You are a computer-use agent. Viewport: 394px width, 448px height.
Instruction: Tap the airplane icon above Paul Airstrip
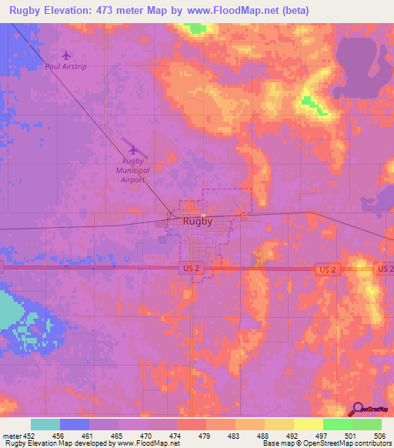(67, 55)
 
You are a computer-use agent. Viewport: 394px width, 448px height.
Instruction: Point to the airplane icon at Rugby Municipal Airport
(134, 150)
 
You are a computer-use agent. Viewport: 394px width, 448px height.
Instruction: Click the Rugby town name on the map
(198, 222)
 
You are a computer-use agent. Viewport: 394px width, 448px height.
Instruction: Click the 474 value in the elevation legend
(176, 436)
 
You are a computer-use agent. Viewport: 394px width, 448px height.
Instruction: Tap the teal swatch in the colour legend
(45, 424)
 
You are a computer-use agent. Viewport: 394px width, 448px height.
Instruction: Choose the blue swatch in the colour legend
(75, 424)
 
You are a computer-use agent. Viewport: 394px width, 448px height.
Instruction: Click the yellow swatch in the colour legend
(308, 424)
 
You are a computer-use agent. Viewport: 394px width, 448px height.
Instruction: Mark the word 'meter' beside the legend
(10, 436)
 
